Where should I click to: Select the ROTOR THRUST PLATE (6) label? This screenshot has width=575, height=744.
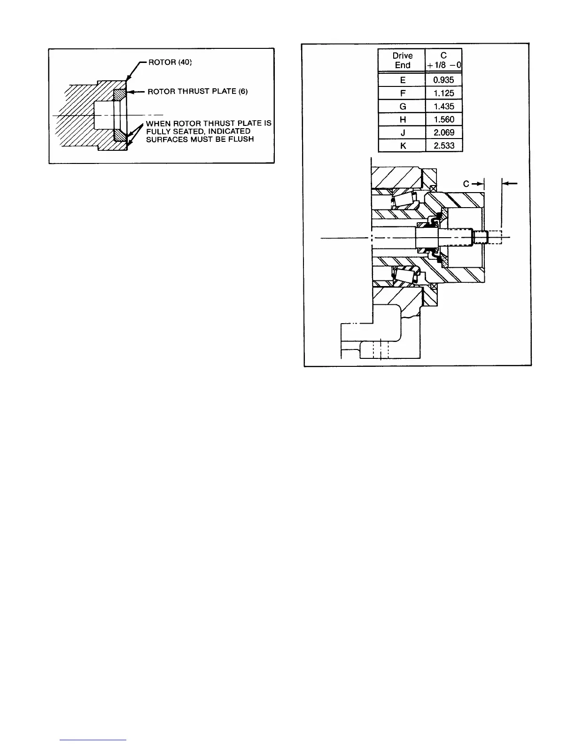tap(198, 92)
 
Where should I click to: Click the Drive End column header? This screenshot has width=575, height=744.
tap(402, 61)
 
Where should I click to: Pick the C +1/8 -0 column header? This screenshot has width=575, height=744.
tap(443, 61)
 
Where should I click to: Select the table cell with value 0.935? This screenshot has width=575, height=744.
tap(444, 80)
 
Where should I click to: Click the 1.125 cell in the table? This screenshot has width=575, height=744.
tap(444, 93)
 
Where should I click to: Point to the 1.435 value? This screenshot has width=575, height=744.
tap(444, 106)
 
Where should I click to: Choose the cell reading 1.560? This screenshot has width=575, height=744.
tap(444, 119)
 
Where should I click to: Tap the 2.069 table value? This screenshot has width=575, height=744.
tap(444, 132)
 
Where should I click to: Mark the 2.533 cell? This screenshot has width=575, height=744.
tap(444, 146)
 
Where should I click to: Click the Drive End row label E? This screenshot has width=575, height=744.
tap(402, 80)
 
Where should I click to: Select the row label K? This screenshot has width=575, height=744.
tap(402, 146)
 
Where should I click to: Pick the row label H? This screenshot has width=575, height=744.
tap(402, 119)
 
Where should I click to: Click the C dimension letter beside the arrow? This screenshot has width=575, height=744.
tap(466, 184)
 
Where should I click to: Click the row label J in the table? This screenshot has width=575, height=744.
tap(402, 132)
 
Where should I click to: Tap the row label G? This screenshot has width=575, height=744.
tap(402, 106)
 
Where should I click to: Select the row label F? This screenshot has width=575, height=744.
tap(402, 93)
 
